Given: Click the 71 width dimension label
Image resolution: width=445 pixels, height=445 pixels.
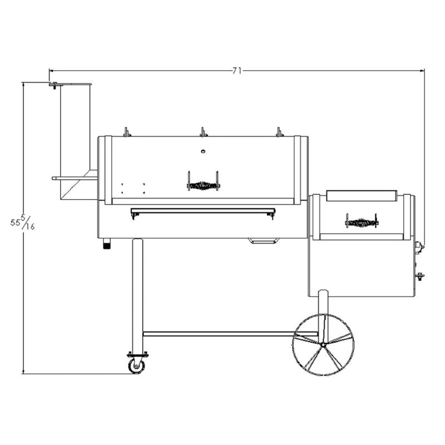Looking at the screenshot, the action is coord(237,71).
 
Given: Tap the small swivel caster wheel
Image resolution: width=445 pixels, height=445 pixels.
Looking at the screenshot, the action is coord(136,365).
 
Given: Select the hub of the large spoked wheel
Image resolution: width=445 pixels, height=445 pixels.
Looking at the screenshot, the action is coord(323,345).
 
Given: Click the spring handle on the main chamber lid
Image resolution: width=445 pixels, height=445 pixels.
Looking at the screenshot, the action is coord(203,186).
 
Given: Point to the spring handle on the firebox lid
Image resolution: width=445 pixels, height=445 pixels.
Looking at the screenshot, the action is coord(361,222).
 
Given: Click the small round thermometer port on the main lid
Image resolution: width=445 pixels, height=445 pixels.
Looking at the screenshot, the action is coord(203,151).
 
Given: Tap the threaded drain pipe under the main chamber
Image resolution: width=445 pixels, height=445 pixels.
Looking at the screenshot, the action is coord(106,244).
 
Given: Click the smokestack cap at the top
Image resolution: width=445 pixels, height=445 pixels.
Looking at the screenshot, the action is coord(71,85).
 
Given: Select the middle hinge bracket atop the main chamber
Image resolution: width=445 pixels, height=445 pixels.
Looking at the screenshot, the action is coord(203,132).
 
